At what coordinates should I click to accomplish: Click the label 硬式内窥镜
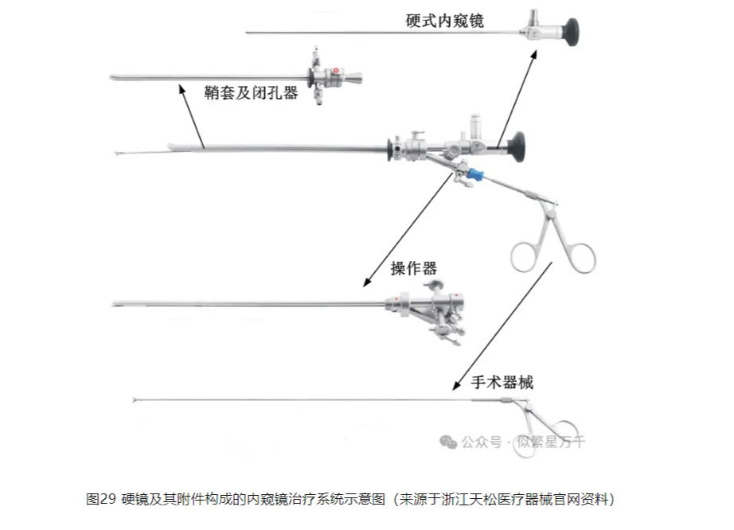(x=444, y=20)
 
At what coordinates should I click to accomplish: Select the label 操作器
(x=414, y=267)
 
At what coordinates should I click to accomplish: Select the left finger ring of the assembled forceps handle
(x=527, y=255)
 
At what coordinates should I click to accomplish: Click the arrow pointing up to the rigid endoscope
(x=517, y=95)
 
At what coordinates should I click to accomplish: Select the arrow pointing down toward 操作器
(x=406, y=231)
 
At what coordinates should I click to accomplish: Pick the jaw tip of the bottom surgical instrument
(x=136, y=400)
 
